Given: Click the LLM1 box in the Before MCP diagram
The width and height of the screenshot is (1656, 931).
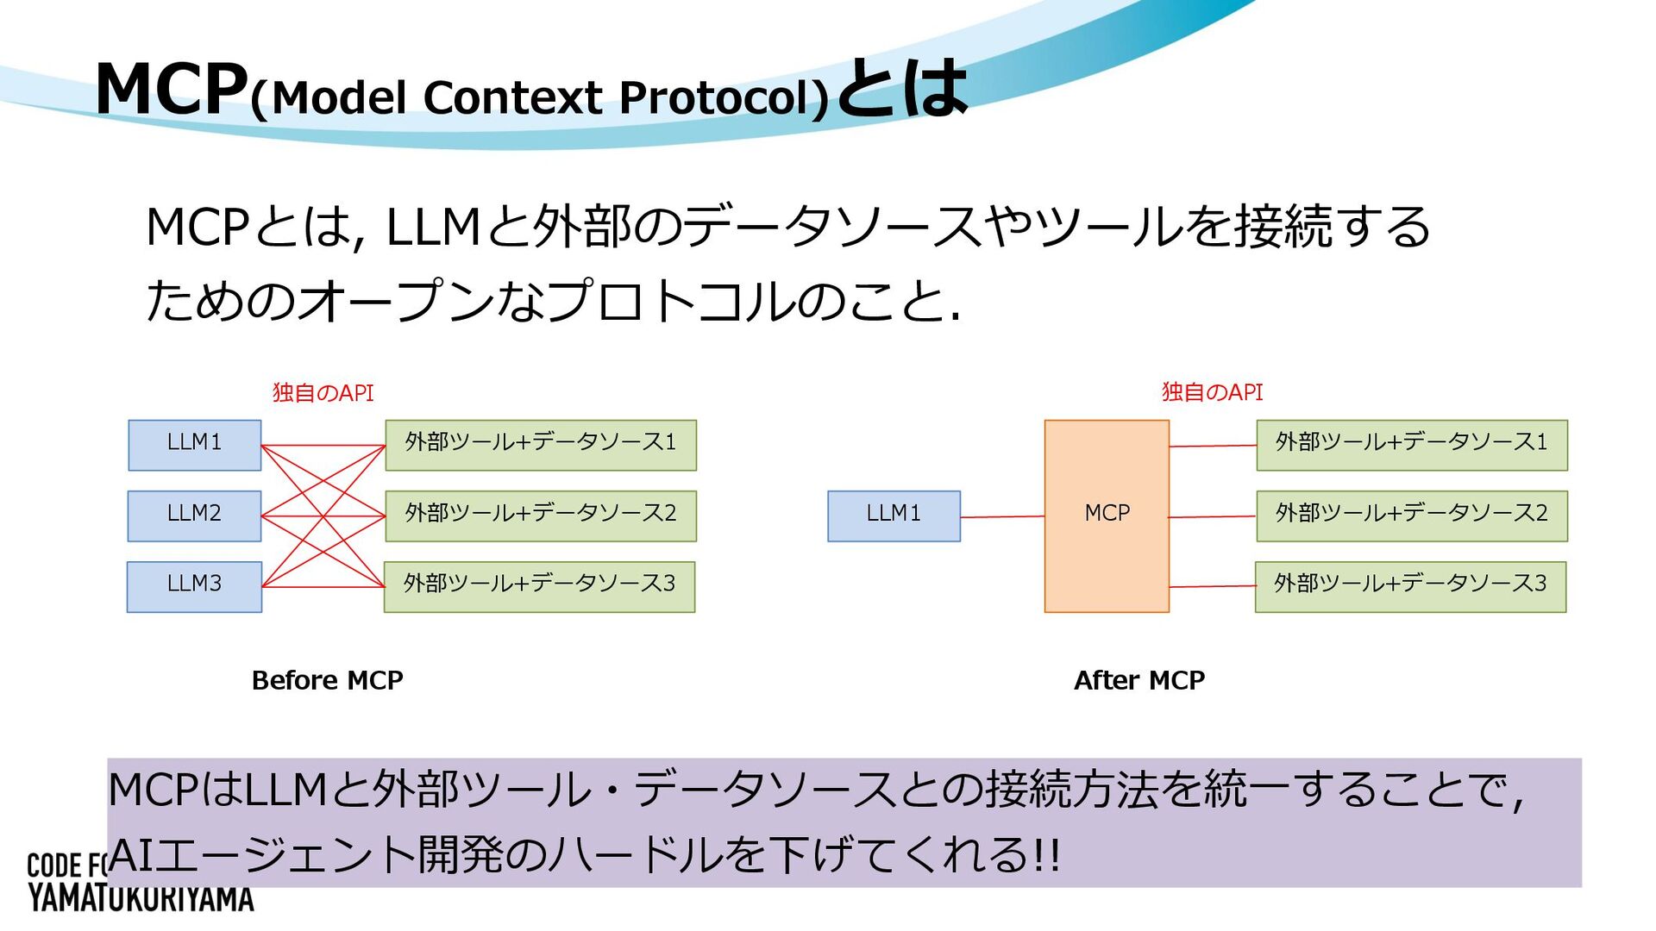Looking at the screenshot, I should click(194, 445).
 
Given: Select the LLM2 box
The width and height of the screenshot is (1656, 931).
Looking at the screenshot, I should click(194, 515).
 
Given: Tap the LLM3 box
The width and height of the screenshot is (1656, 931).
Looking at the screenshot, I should click(194, 586).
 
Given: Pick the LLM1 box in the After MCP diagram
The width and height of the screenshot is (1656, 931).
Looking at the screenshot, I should click(894, 515).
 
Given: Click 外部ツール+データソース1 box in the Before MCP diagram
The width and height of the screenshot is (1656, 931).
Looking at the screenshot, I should click(541, 445).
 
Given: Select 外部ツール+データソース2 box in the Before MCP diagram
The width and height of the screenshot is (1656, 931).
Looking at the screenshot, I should click(541, 515).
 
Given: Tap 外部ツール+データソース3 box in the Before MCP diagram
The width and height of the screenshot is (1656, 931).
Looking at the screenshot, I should click(540, 586).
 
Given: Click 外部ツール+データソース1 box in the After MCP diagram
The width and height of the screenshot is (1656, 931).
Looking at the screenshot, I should click(1412, 445).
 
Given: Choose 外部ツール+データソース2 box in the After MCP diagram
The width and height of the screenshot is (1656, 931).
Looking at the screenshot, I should click(1412, 515).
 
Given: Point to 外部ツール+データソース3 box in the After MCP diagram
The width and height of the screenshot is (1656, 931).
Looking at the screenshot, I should click(1410, 586).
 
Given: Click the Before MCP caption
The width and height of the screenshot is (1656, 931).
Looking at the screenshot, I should click(327, 680).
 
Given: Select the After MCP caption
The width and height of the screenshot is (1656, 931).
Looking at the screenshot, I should click(1138, 680).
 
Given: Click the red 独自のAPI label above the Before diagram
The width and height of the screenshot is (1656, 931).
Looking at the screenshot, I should click(323, 393).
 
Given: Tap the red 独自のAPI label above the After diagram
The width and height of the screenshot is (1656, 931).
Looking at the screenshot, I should click(1212, 392).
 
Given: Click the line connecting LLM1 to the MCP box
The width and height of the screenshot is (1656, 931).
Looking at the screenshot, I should click(1002, 517).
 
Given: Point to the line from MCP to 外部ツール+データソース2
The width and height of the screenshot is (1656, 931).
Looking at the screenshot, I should click(1213, 517).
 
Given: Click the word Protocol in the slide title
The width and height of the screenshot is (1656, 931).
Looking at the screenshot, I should click(724, 97).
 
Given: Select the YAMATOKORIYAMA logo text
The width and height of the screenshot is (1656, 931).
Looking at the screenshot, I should click(141, 899).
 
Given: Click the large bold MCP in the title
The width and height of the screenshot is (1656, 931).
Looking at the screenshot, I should click(171, 89).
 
